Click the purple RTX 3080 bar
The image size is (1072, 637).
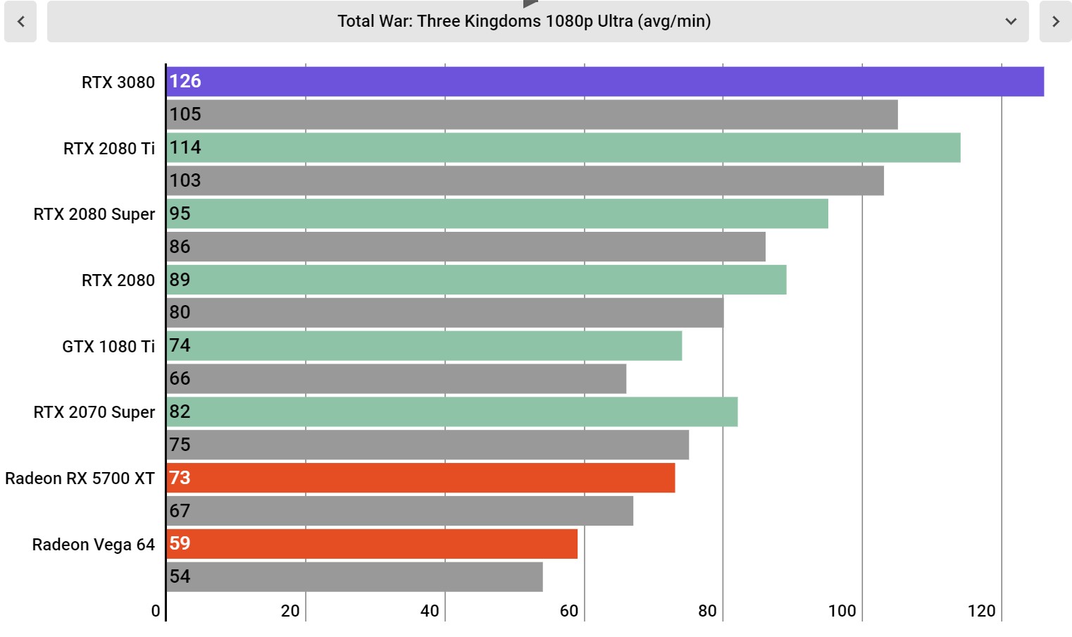pyautogui.click(x=605, y=82)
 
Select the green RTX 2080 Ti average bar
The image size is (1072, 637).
pyautogui.click(x=563, y=147)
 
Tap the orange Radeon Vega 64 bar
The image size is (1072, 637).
pyautogui.click(x=372, y=543)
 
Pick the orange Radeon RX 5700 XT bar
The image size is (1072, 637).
pyautogui.click(x=420, y=478)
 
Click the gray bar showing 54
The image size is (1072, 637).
pyautogui.click(x=354, y=576)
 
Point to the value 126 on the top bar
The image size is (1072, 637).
pyautogui.click(x=185, y=82)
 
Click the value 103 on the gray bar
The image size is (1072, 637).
pyautogui.click(x=185, y=180)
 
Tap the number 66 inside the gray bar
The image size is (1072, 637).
pyautogui.click(x=180, y=378)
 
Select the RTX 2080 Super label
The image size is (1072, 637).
pyautogui.click(x=94, y=214)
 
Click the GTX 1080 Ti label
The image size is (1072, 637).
pyautogui.click(x=108, y=346)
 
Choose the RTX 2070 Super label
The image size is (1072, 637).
pyautogui.click(x=94, y=412)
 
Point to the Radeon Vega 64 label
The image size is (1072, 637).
pyautogui.click(x=93, y=545)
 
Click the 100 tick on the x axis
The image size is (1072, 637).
pyautogui.click(x=842, y=611)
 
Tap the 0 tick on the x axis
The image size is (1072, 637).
pyautogui.click(x=156, y=611)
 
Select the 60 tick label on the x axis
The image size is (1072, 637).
pyautogui.click(x=569, y=611)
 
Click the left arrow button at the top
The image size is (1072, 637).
pyautogui.click(x=20, y=22)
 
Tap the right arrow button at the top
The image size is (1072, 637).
pyautogui.click(x=1055, y=22)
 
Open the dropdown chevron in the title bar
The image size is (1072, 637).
pyautogui.click(x=1011, y=22)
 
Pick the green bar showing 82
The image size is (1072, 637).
pyautogui.click(x=451, y=412)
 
